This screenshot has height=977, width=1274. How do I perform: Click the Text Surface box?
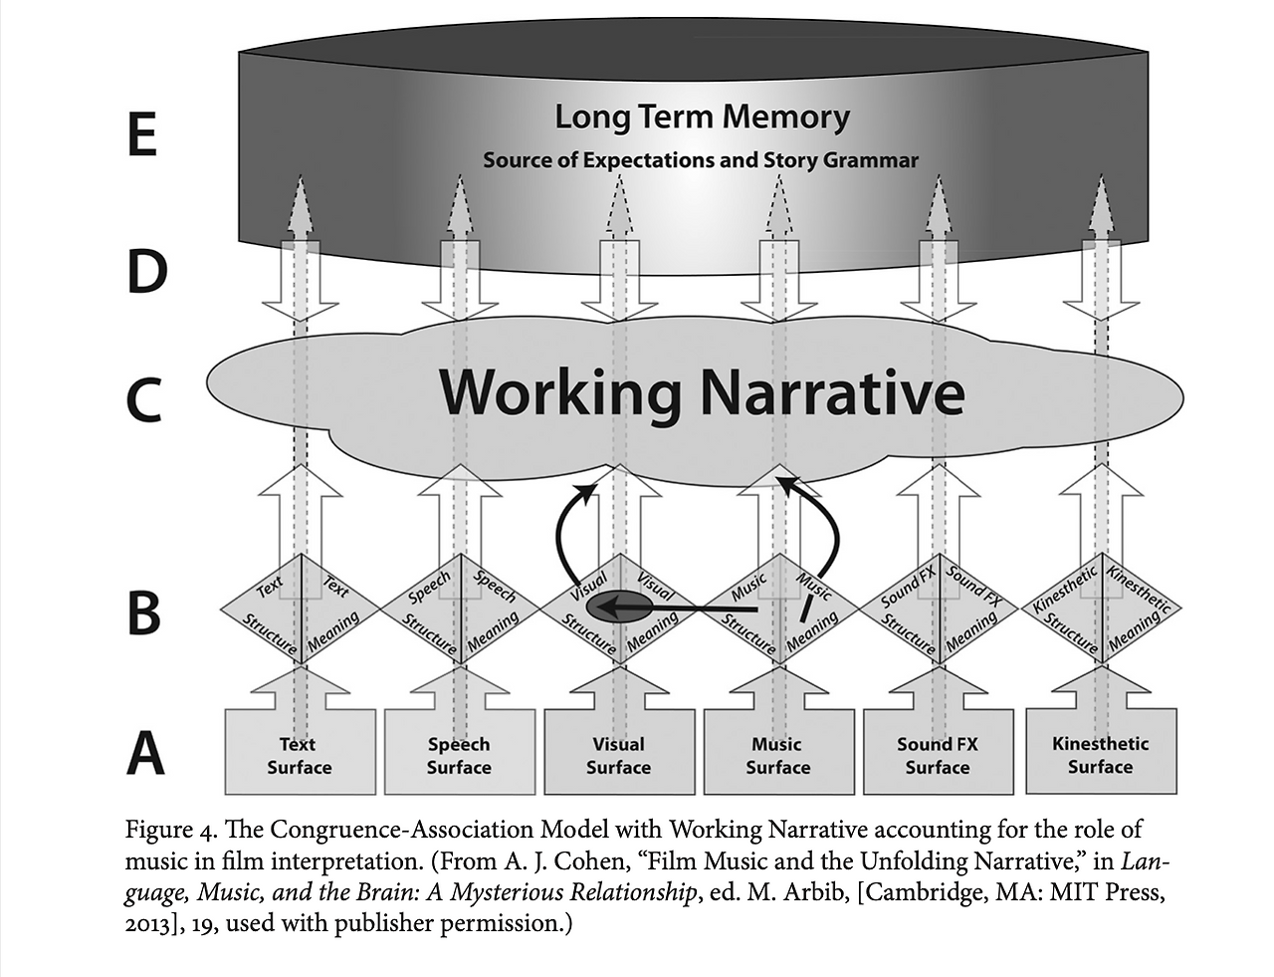point(300,755)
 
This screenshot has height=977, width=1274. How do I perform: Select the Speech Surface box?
point(459,755)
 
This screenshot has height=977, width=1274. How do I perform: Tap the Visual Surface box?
point(618,755)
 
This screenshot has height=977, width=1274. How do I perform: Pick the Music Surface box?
point(777,755)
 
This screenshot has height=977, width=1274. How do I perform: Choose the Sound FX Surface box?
point(937,755)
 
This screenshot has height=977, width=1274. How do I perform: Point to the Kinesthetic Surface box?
point(1100,754)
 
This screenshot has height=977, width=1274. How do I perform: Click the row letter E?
point(142,134)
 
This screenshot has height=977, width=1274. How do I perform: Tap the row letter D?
point(145,270)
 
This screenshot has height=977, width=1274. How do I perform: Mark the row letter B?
point(144,611)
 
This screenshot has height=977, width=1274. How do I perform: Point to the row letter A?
point(145,754)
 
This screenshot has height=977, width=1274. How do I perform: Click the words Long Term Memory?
point(702,118)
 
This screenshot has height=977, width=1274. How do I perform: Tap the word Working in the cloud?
point(560,393)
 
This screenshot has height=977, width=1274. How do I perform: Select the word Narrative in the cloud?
point(832,393)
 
